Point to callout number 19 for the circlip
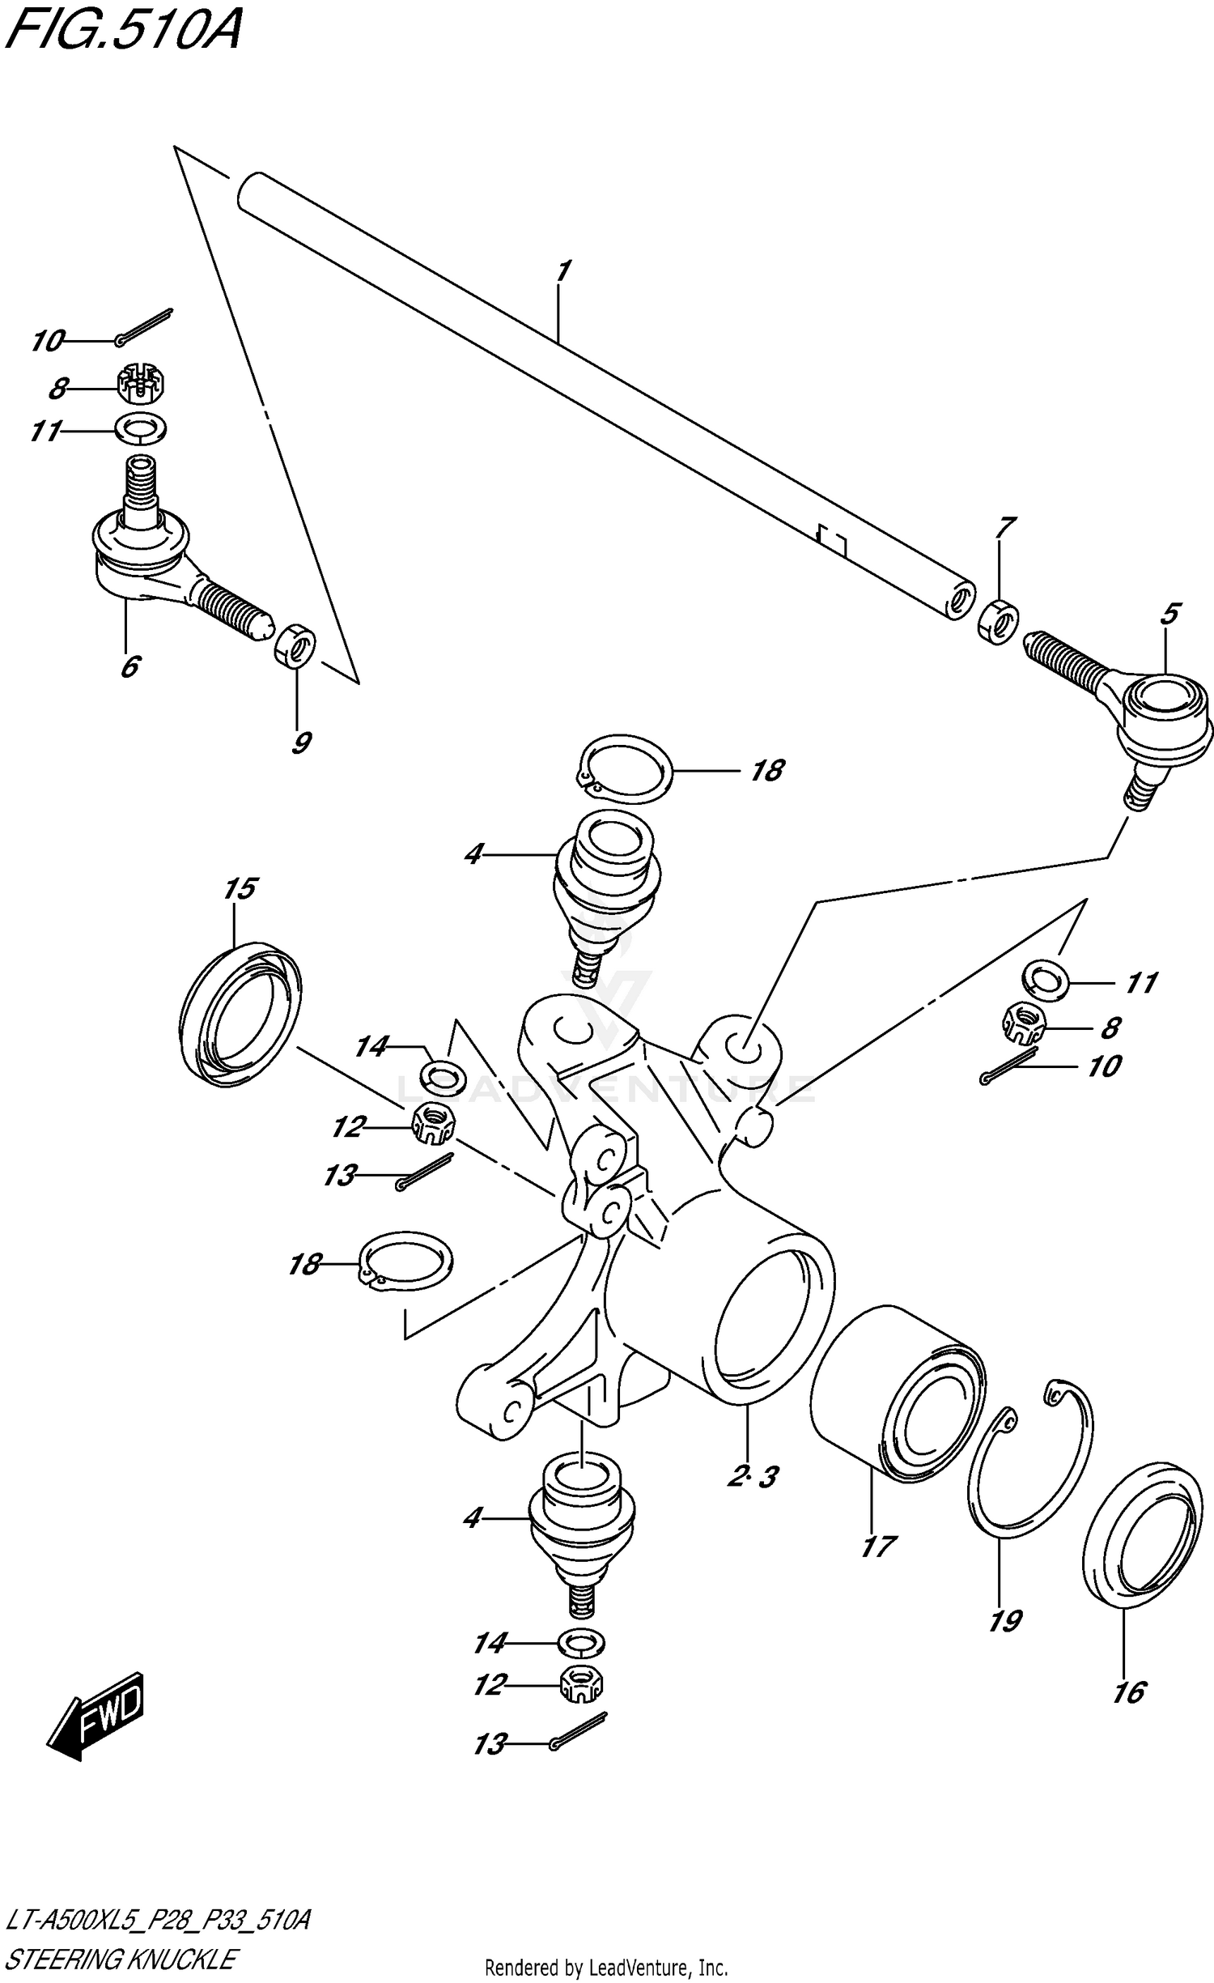[x=1004, y=1619]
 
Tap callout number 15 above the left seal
[x=240, y=889]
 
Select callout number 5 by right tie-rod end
[x=1169, y=614]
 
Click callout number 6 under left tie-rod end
[x=130, y=666]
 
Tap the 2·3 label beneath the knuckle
[x=753, y=1476]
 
